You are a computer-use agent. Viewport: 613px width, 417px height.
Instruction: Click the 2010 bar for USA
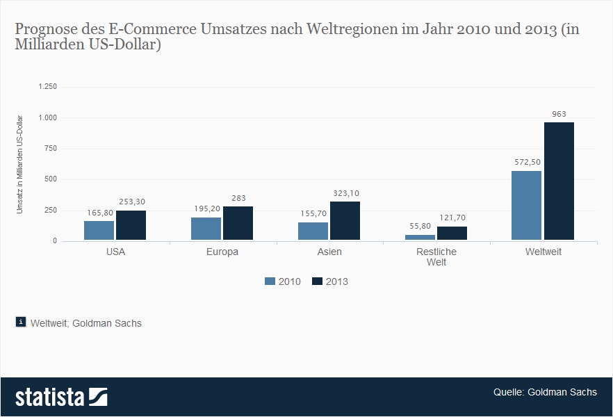99,231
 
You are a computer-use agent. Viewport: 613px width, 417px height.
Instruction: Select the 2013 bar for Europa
238,224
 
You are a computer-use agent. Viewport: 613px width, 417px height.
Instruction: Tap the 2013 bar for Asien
345,221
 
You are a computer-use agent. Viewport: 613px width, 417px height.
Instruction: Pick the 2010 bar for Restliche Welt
420,238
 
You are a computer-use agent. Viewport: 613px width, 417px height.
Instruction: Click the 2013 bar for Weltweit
559,181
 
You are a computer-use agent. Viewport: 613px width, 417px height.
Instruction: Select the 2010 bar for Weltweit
526,206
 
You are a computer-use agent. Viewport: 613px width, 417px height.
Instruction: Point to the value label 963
559,113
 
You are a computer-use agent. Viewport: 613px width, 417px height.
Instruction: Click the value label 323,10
345,193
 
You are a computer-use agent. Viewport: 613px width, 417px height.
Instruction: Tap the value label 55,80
420,226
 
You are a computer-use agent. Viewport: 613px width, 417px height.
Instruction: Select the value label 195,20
206,208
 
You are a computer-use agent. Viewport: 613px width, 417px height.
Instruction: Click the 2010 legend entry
282,281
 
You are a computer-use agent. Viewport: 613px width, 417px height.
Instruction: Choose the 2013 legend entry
330,281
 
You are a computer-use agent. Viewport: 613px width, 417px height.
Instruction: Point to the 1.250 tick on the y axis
47,86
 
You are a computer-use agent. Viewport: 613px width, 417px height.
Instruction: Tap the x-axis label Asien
329,252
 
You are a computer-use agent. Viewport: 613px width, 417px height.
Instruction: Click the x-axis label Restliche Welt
436,256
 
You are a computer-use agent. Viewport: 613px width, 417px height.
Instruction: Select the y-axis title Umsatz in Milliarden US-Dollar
20,163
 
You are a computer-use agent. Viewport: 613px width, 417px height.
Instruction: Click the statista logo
61,397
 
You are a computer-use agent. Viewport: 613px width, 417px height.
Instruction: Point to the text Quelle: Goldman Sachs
545,392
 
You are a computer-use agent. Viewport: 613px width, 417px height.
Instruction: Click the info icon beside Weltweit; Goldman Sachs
21,322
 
